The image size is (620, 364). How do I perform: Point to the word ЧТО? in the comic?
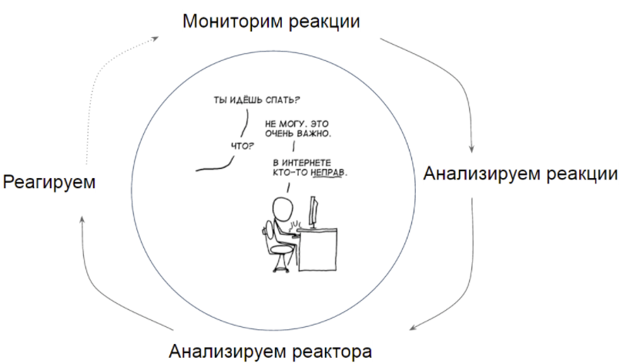[243, 144]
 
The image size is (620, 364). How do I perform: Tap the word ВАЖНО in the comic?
[313, 134]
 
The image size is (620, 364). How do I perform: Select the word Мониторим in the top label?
[223, 22]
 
